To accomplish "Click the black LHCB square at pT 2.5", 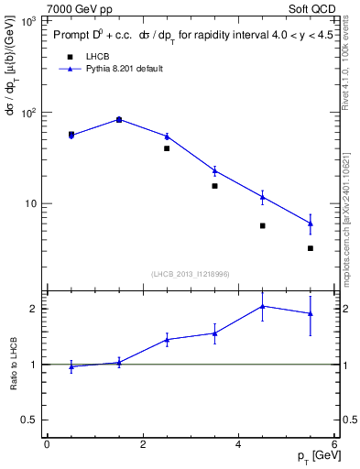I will tap(167, 148).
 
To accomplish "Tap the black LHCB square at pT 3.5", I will tap(214, 186).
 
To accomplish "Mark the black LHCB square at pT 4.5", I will tap(263, 225).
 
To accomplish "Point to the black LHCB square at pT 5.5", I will tap(311, 248).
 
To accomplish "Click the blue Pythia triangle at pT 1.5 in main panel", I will tap(119, 119).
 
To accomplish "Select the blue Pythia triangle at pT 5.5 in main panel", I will tap(311, 223).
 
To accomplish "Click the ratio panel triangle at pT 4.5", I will tap(263, 306).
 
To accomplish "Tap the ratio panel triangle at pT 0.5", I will tap(71, 366).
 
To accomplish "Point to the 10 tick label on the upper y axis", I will tap(28, 203).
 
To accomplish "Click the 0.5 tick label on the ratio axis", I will tap(30, 420).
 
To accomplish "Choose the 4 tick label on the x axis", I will tap(239, 444).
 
